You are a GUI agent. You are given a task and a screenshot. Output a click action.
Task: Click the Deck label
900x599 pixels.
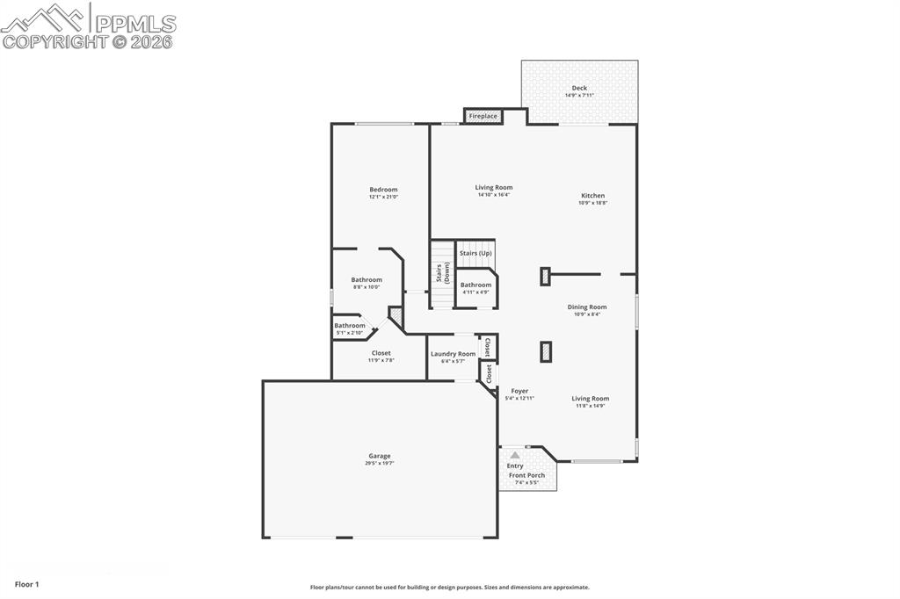coord(579,88)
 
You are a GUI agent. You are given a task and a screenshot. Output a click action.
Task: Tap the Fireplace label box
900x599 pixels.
coord(483,116)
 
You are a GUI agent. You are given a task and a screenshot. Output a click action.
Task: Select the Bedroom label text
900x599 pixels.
coord(383,190)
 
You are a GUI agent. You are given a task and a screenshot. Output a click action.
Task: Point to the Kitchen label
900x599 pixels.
coord(592,196)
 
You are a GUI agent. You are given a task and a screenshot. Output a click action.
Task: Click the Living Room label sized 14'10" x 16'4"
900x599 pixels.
coord(493,187)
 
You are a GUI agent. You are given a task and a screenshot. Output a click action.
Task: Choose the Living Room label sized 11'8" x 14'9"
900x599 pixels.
coord(590,399)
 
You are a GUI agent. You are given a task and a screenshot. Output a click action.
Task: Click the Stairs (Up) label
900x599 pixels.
coord(475,253)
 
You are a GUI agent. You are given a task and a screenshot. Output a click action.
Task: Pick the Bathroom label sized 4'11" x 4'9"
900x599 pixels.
coord(475,285)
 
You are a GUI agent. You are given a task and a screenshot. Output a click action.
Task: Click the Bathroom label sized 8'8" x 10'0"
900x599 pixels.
coord(367,280)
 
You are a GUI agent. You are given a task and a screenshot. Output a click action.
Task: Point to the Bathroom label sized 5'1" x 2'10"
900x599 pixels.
coord(349,326)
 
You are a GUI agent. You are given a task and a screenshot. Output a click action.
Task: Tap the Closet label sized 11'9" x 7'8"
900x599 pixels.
coord(381,353)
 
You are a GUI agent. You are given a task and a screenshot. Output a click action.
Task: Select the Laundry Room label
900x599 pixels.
coord(453,354)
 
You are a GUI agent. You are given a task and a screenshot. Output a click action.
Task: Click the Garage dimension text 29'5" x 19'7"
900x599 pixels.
coord(380,463)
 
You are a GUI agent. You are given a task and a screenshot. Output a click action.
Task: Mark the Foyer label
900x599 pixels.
coord(519,391)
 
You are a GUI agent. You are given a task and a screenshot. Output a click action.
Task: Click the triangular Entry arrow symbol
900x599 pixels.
coord(515,455)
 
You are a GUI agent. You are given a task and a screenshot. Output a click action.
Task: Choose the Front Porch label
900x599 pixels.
coord(526,475)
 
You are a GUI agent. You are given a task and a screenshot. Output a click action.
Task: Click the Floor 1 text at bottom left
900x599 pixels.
coord(27,584)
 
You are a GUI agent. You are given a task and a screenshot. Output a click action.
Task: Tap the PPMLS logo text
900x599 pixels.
coord(134,24)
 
